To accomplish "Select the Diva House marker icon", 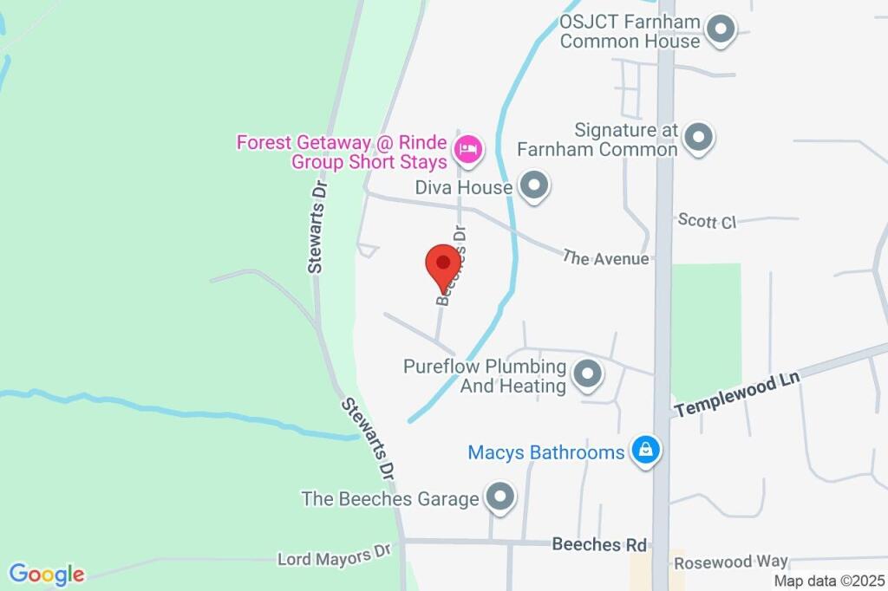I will coord(534,185).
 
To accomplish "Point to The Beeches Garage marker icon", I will coord(499,498).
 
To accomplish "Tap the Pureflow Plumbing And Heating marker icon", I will coord(589,375).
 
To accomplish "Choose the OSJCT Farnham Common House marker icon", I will coord(720,30).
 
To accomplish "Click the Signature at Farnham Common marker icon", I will coord(698,137).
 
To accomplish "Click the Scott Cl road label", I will coord(707,221).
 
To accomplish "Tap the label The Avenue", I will coord(605,257).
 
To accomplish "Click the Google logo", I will coord(47,574).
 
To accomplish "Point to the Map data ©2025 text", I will coord(829,581).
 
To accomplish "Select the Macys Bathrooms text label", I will coord(546,452).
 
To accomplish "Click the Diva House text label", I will coord(469,185).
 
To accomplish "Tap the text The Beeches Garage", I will coord(390,499).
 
